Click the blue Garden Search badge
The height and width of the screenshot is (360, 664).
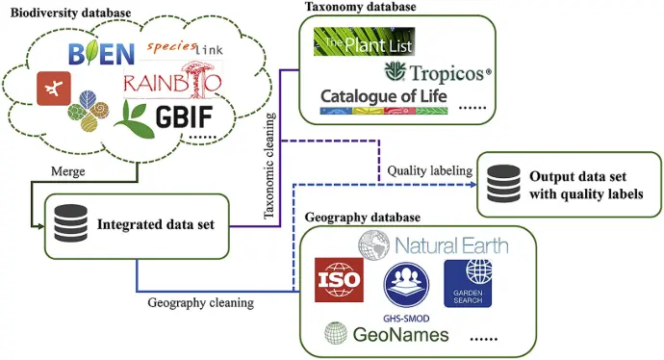click(467, 283)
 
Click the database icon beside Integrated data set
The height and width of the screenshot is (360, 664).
click(70, 225)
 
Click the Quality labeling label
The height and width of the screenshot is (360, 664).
click(429, 170)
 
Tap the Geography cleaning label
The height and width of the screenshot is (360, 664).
click(200, 302)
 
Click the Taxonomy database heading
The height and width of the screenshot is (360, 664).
click(360, 7)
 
